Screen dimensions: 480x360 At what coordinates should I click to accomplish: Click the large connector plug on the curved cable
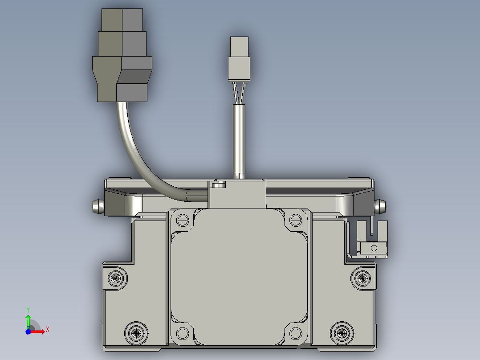122,55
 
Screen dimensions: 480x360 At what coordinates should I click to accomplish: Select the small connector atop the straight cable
239,59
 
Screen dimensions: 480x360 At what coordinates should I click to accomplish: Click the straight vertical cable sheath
239,141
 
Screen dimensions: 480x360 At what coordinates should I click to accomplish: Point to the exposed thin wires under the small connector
239,93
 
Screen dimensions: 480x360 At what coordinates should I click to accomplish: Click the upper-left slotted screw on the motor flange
183,220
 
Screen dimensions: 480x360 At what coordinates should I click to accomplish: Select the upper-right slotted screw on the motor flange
296,220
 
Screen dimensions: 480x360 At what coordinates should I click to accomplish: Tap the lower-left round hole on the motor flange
183,333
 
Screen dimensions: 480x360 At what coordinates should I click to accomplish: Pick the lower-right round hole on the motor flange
296,333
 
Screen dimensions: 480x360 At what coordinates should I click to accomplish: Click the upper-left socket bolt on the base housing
116,278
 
